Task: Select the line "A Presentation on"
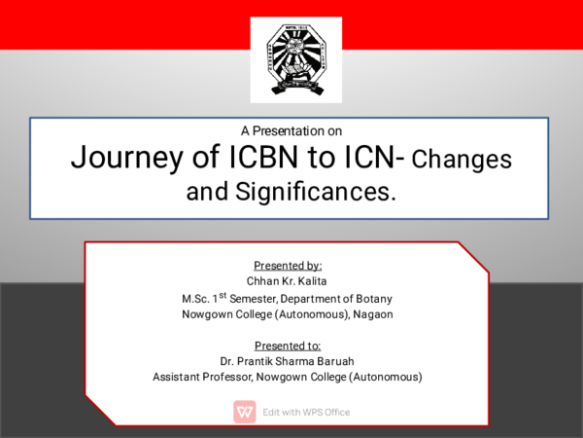coord(291,129)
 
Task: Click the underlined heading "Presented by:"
coord(288,266)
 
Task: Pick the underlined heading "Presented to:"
coord(288,346)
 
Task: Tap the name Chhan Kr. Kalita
coord(288,281)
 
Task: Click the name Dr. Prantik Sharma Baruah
coord(288,361)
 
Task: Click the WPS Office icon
coord(245,412)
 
